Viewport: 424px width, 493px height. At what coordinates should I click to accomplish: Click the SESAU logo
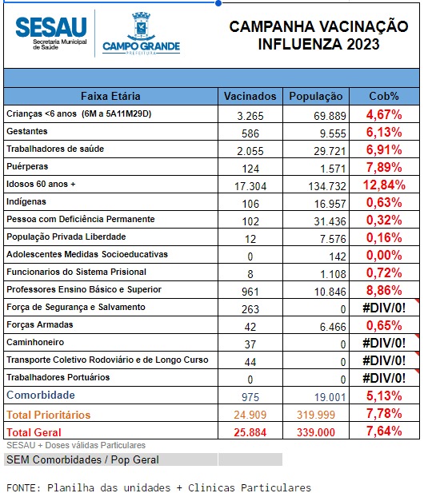pos(51,33)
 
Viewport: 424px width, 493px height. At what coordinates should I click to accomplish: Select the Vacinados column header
pos(250,96)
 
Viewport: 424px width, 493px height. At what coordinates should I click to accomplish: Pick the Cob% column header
pos(384,96)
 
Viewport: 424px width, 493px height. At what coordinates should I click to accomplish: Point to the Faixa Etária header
pos(110,96)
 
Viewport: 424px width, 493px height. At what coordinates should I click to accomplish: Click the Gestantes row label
pos(27,131)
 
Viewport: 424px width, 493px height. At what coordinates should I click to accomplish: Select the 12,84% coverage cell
pos(384,185)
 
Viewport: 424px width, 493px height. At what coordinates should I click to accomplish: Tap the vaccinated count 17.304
pos(250,186)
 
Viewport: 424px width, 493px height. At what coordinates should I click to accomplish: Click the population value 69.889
pos(330,116)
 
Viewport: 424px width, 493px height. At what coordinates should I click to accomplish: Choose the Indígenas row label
pos(26,201)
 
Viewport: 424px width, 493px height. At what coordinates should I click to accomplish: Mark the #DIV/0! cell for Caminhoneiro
pos(384,343)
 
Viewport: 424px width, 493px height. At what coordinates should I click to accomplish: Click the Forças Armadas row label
pos(40,324)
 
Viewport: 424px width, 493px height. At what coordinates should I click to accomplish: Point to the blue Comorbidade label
pos(41,395)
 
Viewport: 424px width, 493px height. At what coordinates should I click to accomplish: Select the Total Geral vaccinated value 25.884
pos(250,432)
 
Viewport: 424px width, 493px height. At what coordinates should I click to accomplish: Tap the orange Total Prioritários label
pos(49,415)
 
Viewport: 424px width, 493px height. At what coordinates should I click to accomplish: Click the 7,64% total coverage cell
pos(384,431)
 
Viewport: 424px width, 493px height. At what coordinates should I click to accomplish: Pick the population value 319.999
pos(316,415)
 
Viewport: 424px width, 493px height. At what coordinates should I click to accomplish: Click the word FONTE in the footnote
pos(24,487)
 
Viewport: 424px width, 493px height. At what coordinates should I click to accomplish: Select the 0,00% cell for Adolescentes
pos(384,255)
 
